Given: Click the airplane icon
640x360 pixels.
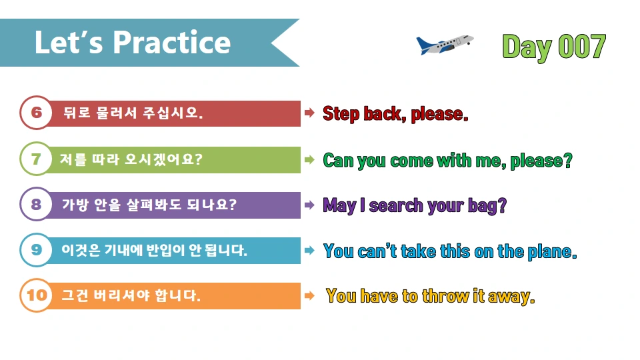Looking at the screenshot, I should coord(444,44).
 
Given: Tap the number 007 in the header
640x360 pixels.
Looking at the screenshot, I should coord(581,47).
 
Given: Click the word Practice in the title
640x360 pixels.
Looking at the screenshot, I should coord(172,43).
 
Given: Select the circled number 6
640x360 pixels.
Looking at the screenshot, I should coord(36,113).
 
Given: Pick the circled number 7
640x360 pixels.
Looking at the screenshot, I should coord(36,159).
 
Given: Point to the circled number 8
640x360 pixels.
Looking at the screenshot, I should coord(36,205).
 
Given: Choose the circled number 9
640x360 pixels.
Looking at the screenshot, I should coord(36,250).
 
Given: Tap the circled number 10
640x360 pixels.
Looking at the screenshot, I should coord(36,295).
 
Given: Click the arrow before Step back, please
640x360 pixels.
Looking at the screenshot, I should coord(309,113).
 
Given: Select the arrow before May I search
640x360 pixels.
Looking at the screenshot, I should coord(309,205).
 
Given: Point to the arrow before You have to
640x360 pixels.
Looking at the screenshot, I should coord(309,295).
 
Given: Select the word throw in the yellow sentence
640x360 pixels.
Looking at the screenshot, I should coord(444,296).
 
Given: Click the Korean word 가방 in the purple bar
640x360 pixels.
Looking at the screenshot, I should coord(75,205).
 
